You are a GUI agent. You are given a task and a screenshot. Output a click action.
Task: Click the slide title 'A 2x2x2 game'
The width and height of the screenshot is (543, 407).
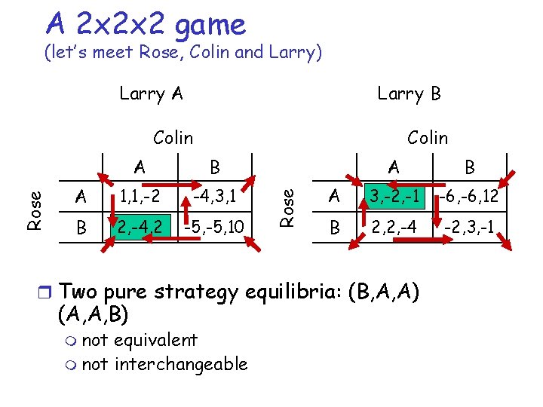(146, 24)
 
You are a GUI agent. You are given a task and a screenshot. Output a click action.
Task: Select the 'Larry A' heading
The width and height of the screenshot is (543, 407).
(151, 93)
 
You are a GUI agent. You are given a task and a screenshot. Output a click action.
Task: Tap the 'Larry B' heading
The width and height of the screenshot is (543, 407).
(409, 93)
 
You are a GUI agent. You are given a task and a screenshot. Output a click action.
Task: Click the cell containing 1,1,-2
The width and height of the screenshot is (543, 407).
(140, 197)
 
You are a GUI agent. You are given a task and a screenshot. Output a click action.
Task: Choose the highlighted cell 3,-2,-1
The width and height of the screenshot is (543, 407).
(393, 197)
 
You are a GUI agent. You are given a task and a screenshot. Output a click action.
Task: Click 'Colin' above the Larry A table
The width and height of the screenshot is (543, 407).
(173, 137)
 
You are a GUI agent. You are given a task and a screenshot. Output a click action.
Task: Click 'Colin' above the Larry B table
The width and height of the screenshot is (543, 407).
(427, 137)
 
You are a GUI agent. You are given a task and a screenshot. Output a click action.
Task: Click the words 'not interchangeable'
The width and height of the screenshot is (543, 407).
(164, 364)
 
